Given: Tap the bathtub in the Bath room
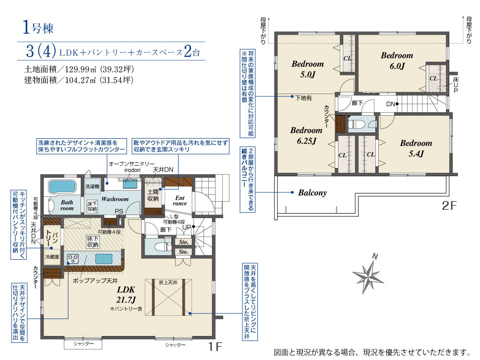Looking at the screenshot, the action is (62, 186).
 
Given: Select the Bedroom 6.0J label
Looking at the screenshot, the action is (397, 60).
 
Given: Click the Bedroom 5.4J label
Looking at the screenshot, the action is (416, 148).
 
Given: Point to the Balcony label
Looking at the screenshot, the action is (312, 192).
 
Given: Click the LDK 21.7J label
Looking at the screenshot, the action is (126, 295).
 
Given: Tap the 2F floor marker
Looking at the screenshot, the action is (449, 205).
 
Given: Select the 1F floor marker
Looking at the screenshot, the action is (215, 346).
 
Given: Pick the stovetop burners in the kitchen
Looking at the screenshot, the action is (72, 259).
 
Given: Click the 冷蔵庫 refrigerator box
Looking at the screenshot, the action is (52, 257).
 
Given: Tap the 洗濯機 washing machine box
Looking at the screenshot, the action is (92, 186).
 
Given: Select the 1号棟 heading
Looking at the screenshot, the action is (38, 27).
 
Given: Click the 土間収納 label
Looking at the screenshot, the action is (153, 195).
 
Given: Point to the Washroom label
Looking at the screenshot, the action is (115, 199).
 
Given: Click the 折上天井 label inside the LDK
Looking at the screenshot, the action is (168, 282).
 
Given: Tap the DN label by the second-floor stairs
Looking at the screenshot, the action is (391, 104).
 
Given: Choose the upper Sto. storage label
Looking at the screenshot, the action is (183, 242).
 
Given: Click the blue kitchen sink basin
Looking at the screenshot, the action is (104, 259).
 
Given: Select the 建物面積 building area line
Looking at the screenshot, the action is (79, 80).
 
